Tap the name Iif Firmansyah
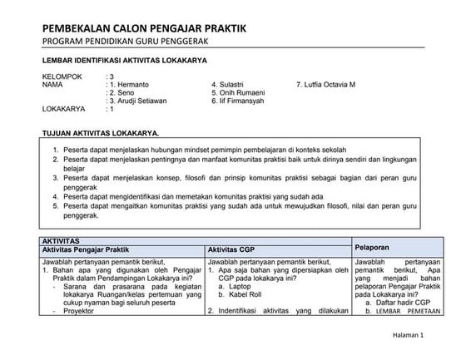click(x=248, y=101)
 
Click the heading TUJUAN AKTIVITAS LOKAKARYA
click(x=100, y=133)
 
